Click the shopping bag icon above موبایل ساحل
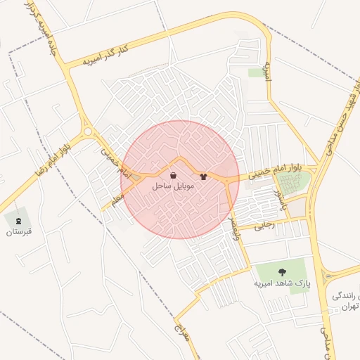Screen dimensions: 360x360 tap(173, 176)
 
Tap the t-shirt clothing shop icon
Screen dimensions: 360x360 tap(204, 176)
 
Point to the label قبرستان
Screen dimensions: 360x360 tap(19, 231)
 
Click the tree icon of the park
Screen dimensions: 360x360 tap(282, 271)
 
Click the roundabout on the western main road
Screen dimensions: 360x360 tap(88, 131)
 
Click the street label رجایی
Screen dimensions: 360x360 tap(264, 225)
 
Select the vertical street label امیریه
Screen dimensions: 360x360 tap(267, 69)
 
